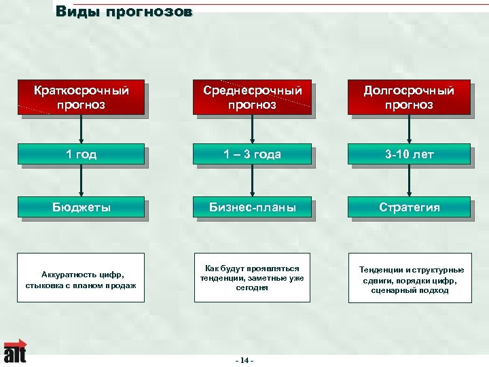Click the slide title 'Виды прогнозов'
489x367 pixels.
click(124, 12)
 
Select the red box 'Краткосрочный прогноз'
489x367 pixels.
click(81, 97)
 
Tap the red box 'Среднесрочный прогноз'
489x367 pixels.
click(252, 97)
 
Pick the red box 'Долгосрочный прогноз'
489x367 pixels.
click(408, 97)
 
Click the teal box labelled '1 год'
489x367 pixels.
click(81, 154)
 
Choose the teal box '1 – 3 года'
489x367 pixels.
click(252, 154)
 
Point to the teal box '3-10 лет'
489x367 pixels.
click(408, 154)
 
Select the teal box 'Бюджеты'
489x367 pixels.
click(81, 207)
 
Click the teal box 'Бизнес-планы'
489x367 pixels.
click(252, 207)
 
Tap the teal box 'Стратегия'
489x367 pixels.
click(408, 207)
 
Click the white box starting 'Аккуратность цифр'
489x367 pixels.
click(81, 277)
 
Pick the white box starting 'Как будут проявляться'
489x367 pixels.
click(252, 277)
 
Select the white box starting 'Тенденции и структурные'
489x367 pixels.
click(410, 277)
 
